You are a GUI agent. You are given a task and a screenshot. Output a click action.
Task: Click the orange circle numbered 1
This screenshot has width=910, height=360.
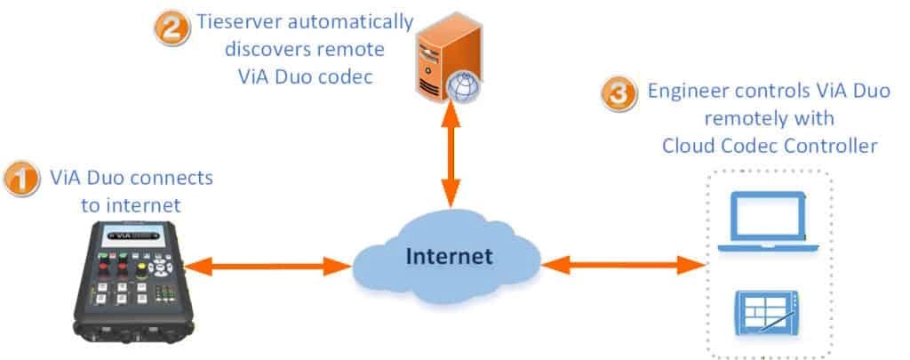21,179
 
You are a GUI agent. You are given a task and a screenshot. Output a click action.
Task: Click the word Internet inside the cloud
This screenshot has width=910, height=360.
449,257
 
